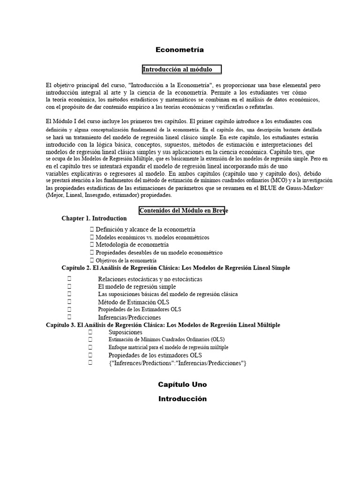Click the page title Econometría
(x=180, y=50)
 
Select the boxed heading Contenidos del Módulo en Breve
(x=183, y=210)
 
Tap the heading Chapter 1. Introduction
(x=94, y=218)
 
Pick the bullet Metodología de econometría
(x=132, y=245)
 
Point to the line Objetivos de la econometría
(x=126, y=260)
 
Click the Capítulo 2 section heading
(x=176, y=268)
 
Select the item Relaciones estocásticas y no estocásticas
(x=150, y=279)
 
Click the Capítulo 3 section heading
(x=163, y=325)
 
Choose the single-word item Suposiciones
(x=125, y=332)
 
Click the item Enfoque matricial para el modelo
(x=168, y=347)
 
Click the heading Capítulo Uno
(x=182, y=384)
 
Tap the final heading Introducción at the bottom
(x=182, y=399)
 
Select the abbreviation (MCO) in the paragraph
(x=272, y=180)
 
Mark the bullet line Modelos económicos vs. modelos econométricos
(x=152, y=237)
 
